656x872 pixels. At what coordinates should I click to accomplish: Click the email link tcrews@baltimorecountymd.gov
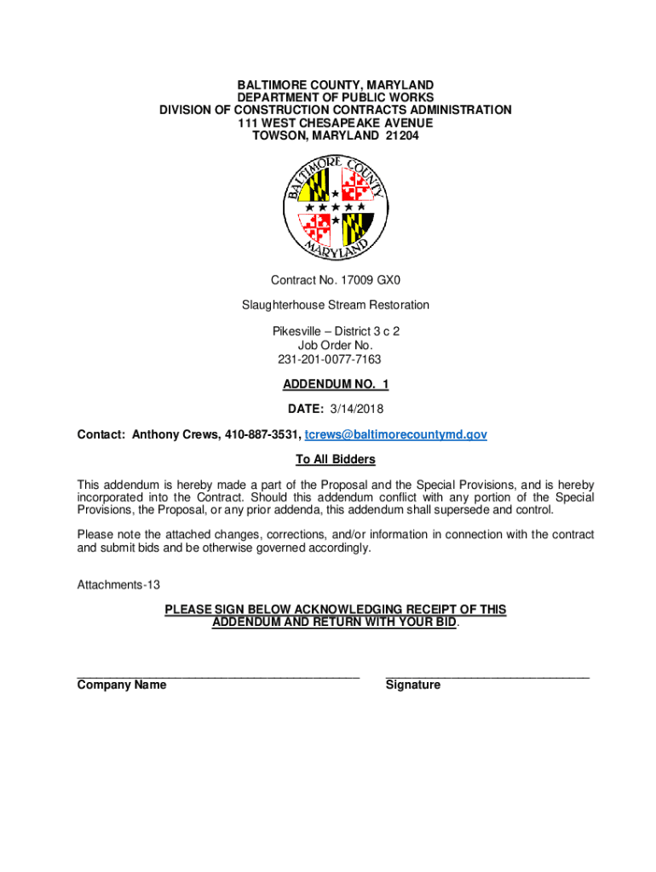pos(396,434)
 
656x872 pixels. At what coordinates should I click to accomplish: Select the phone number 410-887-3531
pos(262,434)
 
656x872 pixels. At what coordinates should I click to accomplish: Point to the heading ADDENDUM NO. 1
pos(336,385)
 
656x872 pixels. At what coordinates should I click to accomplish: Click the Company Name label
pos(122,685)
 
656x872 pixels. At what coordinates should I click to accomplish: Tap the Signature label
pos(413,685)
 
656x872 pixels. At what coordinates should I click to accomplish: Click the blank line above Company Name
pos(218,676)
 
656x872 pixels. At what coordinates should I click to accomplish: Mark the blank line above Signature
pos(487,676)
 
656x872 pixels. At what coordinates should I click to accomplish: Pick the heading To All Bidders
pos(336,460)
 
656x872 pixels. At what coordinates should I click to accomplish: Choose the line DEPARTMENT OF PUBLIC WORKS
pos(336,98)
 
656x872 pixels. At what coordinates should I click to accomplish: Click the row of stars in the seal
pos(336,208)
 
